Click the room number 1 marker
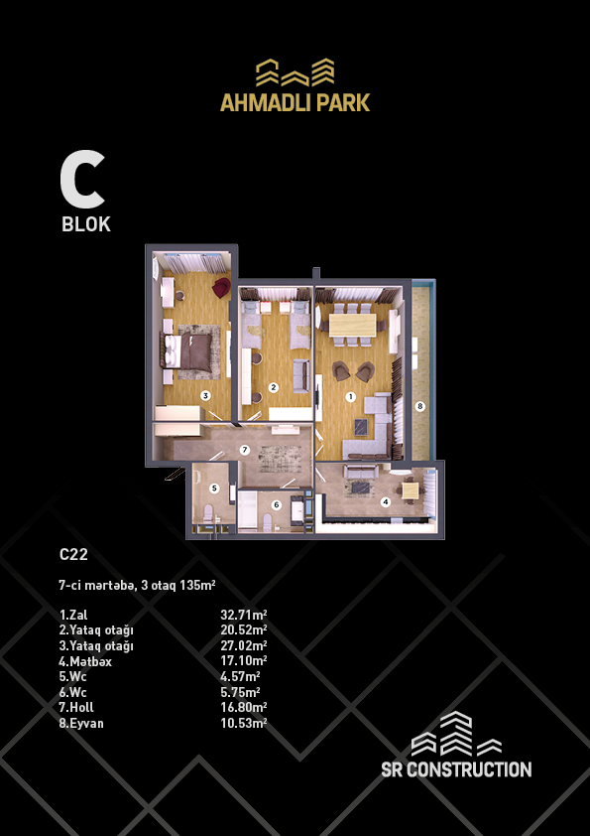click(x=350, y=397)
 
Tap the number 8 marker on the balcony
click(x=420, y=406)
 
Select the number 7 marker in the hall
click(x=244, y=450)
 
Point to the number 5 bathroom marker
click(x=214, y=488)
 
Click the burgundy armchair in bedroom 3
click(x=221, y=288)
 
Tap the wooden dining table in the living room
click(x=352, y=326)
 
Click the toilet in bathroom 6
click(x=268, y=521)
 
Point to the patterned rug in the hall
click(x=280, y=457)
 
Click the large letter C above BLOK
click(x=82, y=180)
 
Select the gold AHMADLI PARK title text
click(x=295, y=102)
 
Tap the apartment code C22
click(x=73, y=554)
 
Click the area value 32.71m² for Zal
click(x=244, y=615)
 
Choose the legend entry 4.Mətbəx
click(x=85, y=661)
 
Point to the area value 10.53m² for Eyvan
click(x=244, y=724)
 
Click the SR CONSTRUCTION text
click(x=456, y=769)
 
